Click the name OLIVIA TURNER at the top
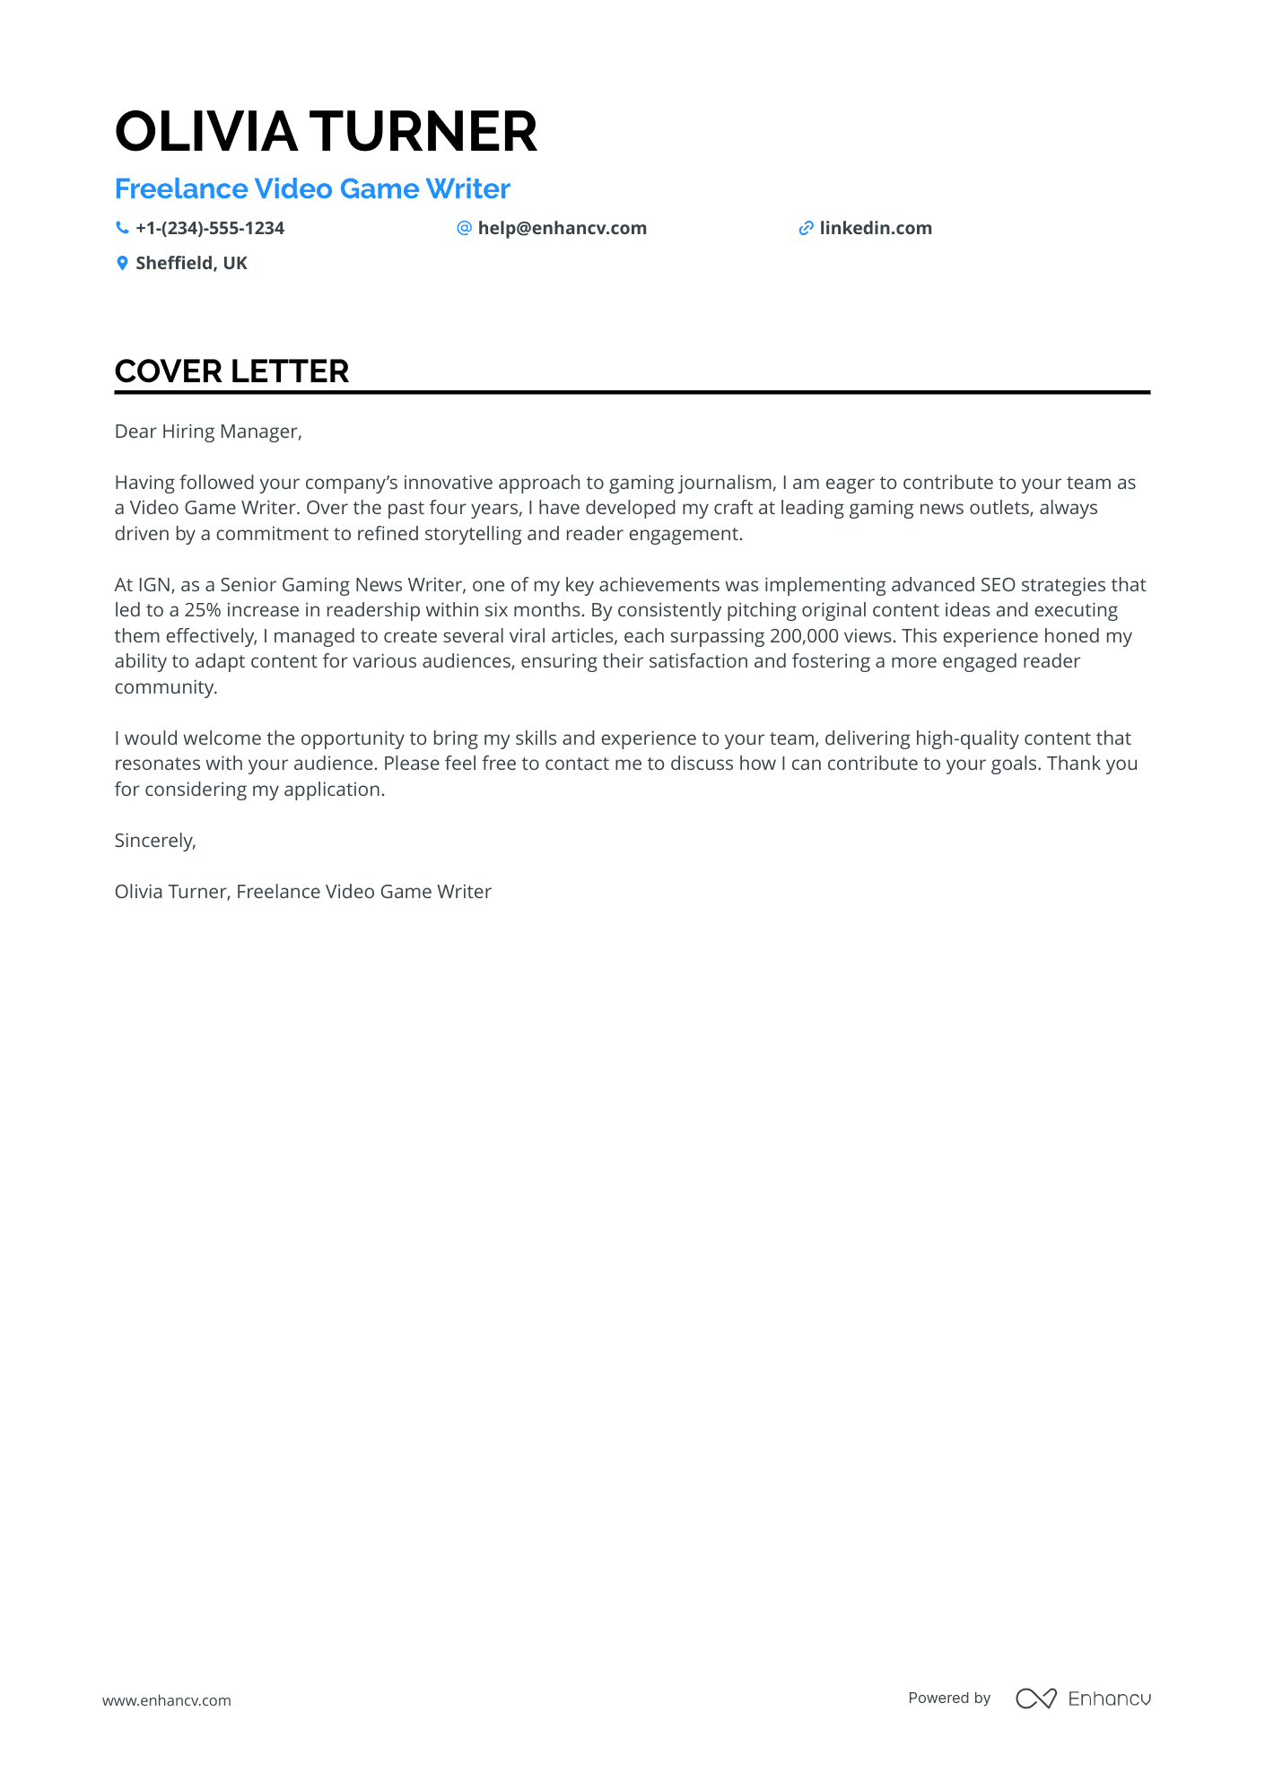point(326,132)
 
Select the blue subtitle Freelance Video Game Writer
point(312,189)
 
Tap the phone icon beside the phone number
point(122,228)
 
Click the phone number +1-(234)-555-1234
point(210,229)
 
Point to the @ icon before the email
point(464,228)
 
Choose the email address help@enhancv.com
point(562,229)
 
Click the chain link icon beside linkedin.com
point(806,229)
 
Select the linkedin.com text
point(876,229)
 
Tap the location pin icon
point(122,263)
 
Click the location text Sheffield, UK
point(191,264)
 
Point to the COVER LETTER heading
point(231,371)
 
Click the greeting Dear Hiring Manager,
point(208,432)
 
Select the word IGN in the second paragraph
point(154,585)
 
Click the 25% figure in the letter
point(203,610)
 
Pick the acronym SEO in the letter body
point(998,585)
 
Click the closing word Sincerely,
point(155,841)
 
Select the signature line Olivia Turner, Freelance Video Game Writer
point(302,892)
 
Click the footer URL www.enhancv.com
point(167,1700)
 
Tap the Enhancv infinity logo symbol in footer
point(1035,1698)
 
